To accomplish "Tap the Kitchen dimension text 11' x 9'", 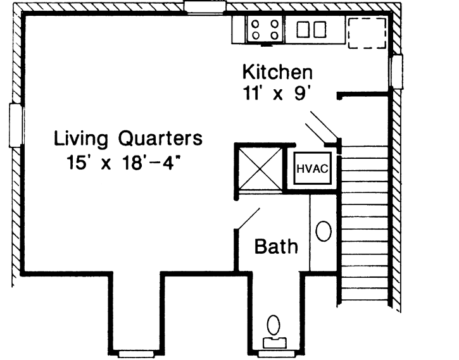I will [278, 92].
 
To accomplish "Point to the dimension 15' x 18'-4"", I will [129, 162].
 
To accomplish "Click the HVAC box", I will [311, 169].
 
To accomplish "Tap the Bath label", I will [276, 246].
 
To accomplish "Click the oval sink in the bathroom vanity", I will [324, 231].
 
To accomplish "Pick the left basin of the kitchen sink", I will [302, 29].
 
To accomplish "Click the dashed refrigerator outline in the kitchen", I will [367, 32].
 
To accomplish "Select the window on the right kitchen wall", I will [397, 71].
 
